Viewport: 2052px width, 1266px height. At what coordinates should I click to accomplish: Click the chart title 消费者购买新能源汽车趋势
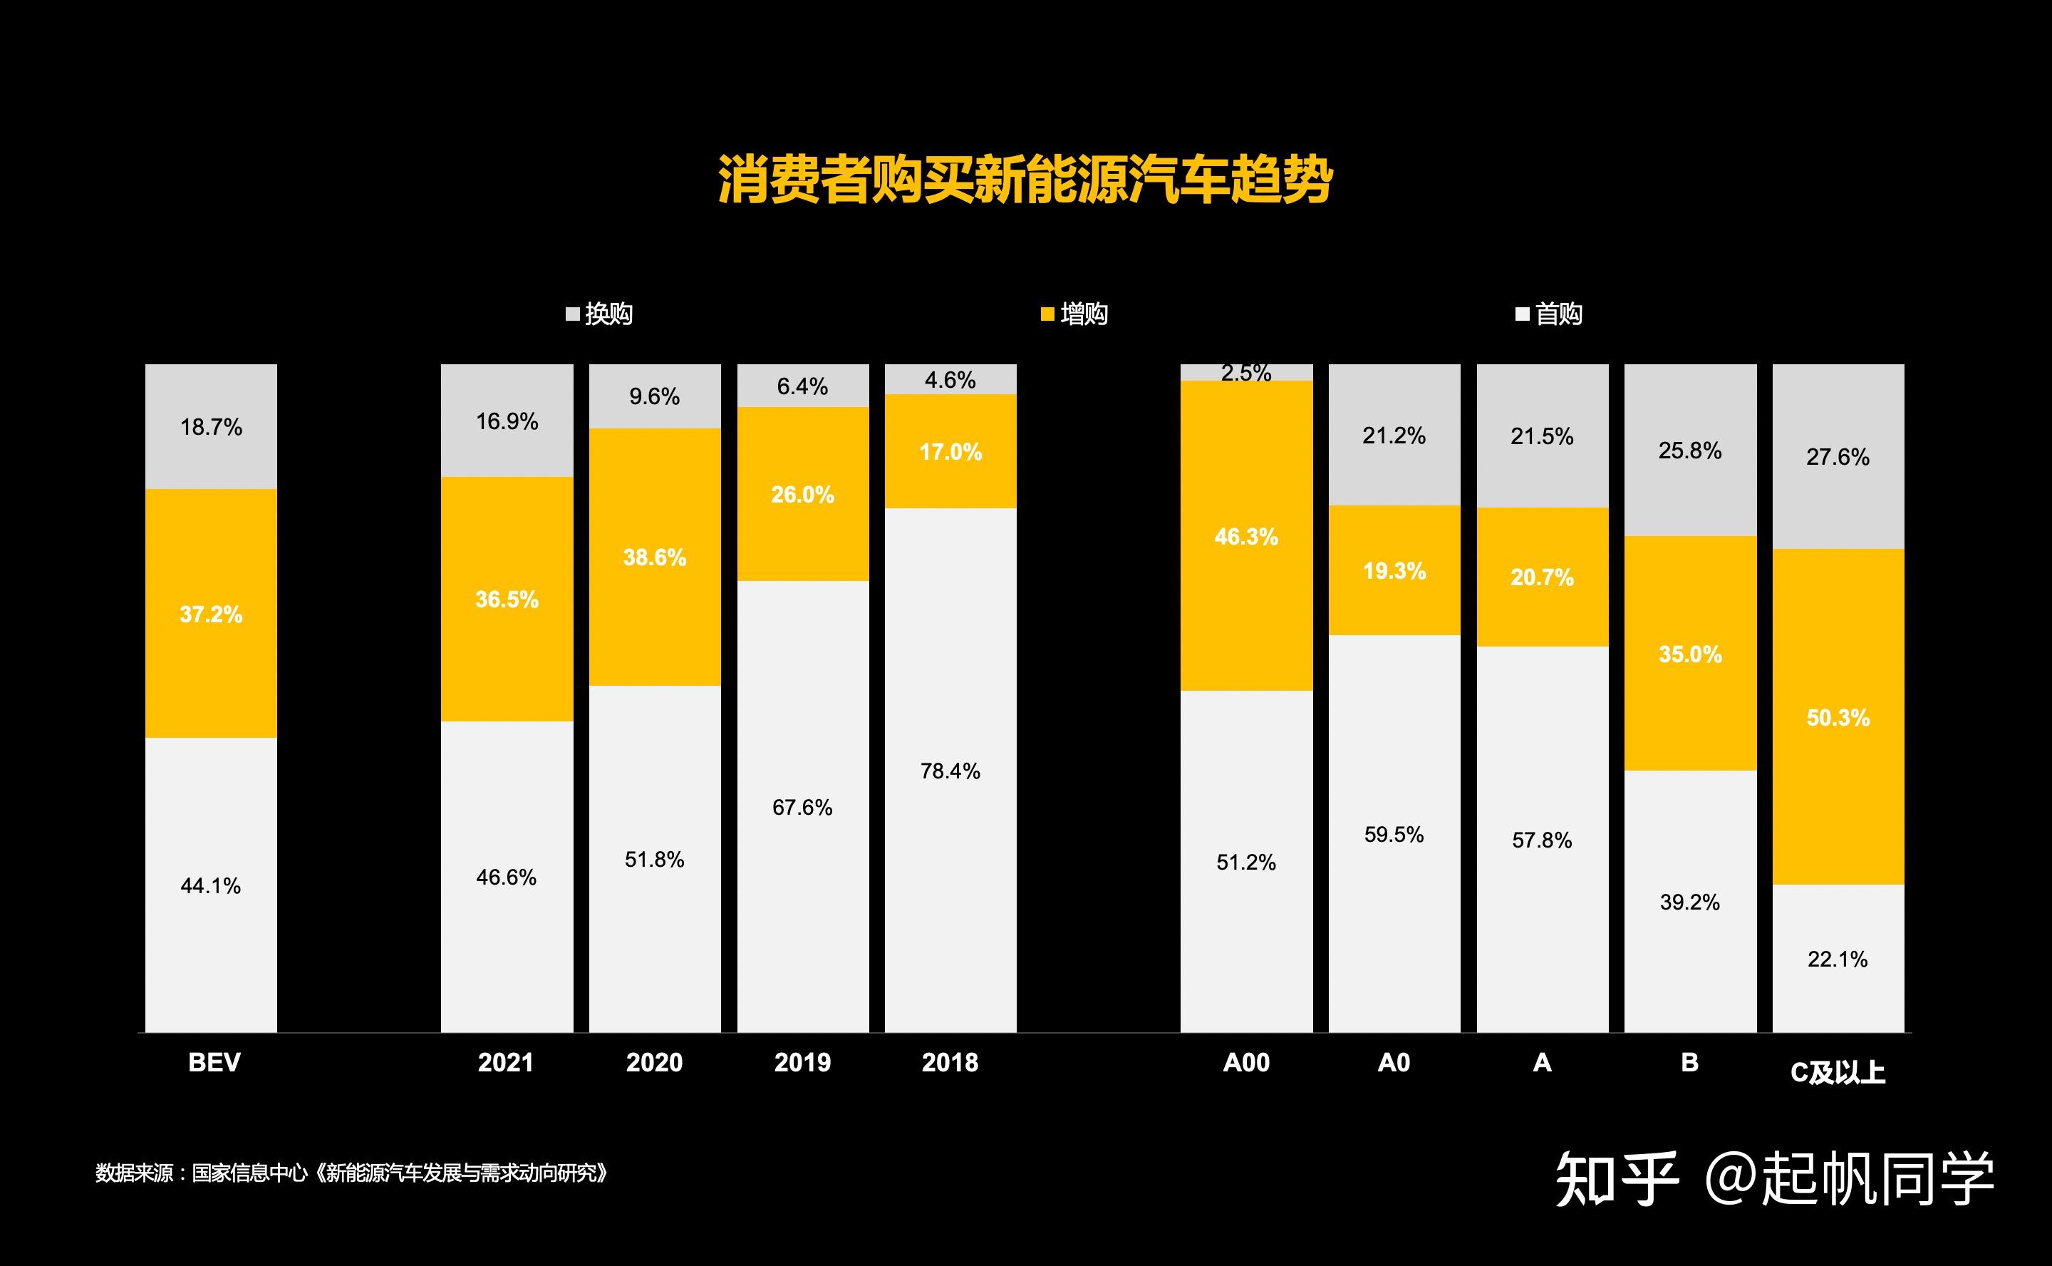pyautogui.click(x=1025, y=179)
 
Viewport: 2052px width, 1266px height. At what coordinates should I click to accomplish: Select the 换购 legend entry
pyautogui.click(x=599, y=314)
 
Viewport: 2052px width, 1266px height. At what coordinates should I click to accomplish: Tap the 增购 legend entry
pyautogui.click(x=1074, y=314)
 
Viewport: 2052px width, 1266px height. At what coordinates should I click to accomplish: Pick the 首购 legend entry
pyautogui.click(x=1549, y=314)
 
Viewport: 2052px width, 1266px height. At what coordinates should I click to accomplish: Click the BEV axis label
pyautogui.click(x=214, y=1063)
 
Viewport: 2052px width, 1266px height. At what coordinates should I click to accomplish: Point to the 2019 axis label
pyautogui.click(x=802, y=1063)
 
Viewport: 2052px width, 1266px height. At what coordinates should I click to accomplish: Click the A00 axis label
pyautogui.click(x=1246, y=1063)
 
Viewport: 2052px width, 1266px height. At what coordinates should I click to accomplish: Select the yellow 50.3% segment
pyautogui.click(x=1838, y=718)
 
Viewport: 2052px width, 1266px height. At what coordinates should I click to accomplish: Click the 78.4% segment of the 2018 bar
pyautogui.click(x=950, y=771)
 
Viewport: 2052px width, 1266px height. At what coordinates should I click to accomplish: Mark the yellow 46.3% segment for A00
pyautogui.click(x=1246, y=537)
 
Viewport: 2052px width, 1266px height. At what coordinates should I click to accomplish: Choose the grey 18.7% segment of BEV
pyautogui.click(x=211, y=427)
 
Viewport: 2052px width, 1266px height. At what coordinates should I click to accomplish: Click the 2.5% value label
pyautogui.click(x=1246, y=374)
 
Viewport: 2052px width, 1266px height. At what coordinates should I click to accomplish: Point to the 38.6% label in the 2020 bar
pyautogui.click(x=654, y=557)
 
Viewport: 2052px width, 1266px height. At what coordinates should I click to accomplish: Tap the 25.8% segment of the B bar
pyautogui.click(x=1689, y=451)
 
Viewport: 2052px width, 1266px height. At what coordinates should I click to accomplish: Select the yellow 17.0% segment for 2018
pyautogui.click(x=950, y=452)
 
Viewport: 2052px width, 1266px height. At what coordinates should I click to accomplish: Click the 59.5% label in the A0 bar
pyautogui.click(x=1394, y=835)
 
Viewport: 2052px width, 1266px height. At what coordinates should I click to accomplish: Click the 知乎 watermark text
pyautogui.click(x=1617, y=1179)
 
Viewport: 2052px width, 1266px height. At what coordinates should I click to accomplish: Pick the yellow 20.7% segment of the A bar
pyautogui.click(x=1542, y=577)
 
